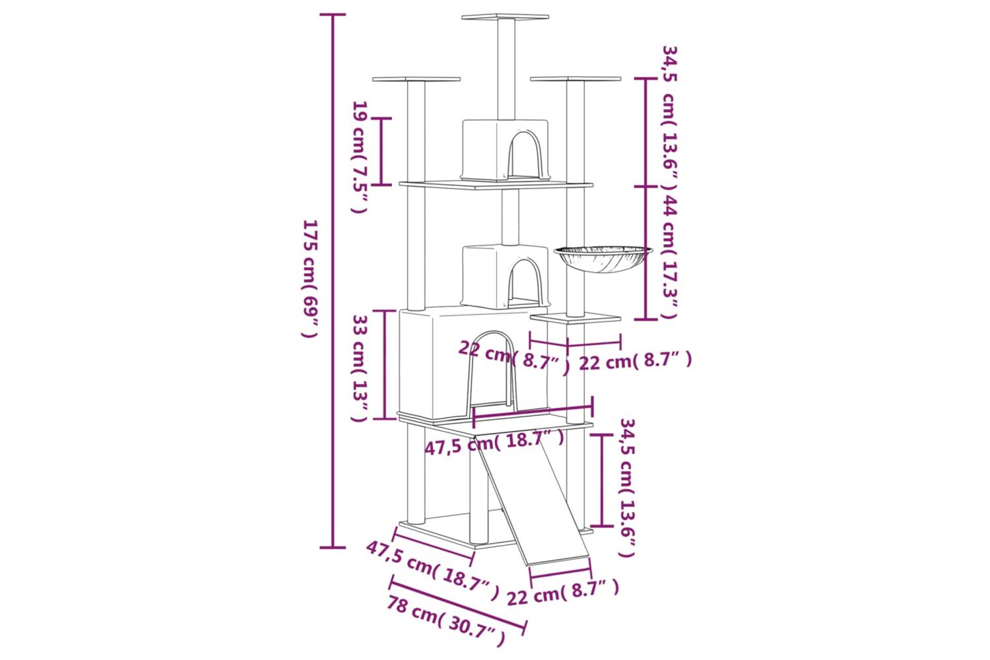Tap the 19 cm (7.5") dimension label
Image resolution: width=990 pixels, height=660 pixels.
pos(360,157)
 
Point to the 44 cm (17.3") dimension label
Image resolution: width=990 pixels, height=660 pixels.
pos(668,257)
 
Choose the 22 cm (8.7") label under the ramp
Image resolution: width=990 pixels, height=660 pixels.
pos(562,593)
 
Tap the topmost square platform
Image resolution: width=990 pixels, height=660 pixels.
pos(505,16)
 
